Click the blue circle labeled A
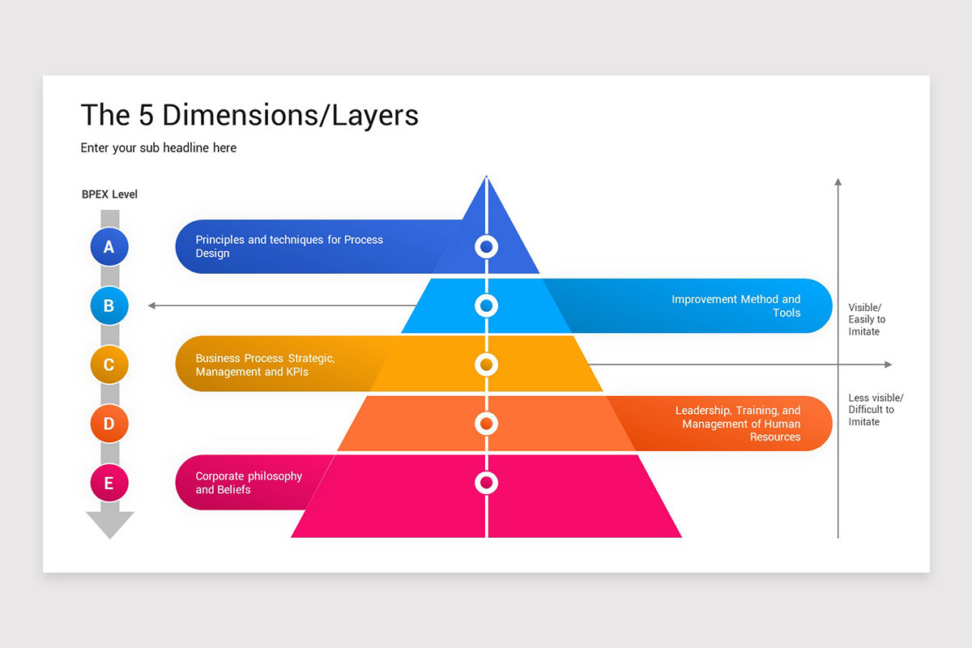pos(109,247)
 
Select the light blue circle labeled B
pos(109,306)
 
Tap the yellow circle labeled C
pos(109,364)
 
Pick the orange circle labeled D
pos(109,424)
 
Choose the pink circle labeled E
pos(109,484)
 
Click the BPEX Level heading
pos(109,194)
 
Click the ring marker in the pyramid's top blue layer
pos(486,246)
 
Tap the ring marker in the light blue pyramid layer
pos(486,305)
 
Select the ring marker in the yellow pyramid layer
pos(486,364)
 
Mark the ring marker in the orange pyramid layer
pos(486,424)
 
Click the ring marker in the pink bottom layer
pos(486,483)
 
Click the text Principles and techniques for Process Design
pos(289,246)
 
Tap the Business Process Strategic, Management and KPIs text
pos(265,364)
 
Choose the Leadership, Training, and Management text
pos(738,424)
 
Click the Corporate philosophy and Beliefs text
pos(249,483)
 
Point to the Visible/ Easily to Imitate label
pos(867,319)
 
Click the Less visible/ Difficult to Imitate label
pos(875,409)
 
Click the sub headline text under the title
pos(159,147)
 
